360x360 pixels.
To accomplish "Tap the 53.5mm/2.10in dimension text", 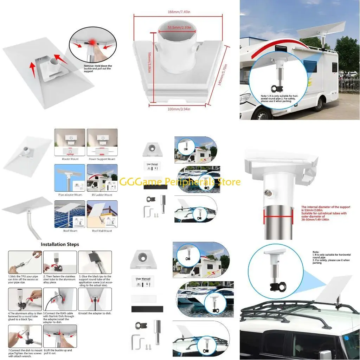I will click(x=179, y=27).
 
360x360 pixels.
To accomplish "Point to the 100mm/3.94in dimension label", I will click(x=179, y=109).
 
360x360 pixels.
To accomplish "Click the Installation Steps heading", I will click(x=60, y=244).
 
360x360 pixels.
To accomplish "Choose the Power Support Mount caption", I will click(x=102, y=159).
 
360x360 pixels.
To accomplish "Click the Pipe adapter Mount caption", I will click(x=70, y=194).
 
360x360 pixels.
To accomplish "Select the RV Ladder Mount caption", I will click(x=102, y=194).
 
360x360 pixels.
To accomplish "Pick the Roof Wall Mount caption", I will click(x=102, y=231).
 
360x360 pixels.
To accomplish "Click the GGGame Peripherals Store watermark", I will click(x=180, y=182).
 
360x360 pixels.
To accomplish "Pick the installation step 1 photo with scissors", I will click(x=25, y=262).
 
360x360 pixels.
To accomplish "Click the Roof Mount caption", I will click(x=70, y=231).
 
